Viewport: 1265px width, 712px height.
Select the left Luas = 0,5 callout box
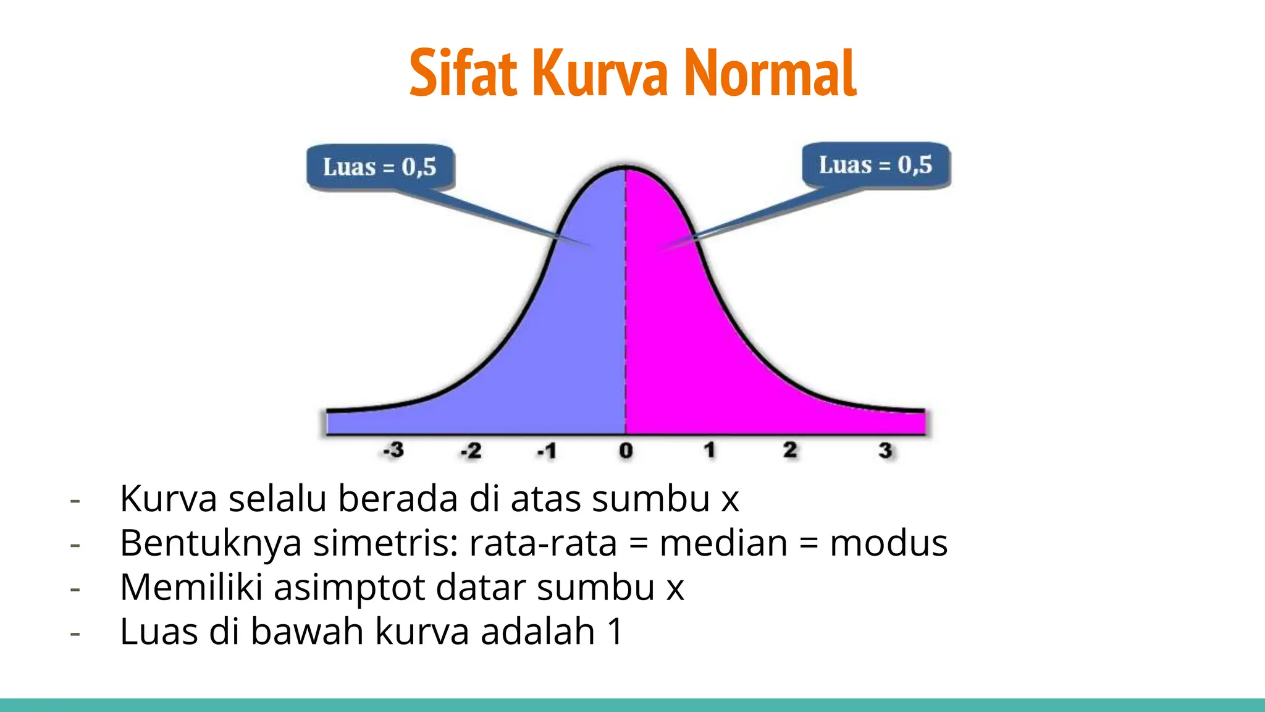click(x=380, y=167)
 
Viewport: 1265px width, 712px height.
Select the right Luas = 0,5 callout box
click(x=875, y=165)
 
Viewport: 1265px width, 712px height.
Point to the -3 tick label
click(x=393, y=450)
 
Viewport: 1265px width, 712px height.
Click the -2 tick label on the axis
click(x=471, y=451)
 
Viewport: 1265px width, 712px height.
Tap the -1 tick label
click(x=547, y=451)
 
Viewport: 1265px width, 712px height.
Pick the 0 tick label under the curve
click(x=626, y=451)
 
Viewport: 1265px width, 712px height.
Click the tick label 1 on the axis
click(x=710, y=450)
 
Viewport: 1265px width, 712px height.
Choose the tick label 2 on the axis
click(x=789, y=450)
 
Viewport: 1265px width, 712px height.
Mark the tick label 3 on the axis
click(x=885, y=451)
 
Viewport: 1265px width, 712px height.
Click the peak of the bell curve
click(x=626, y=167)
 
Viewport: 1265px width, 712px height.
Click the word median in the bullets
click(x=723, y=543)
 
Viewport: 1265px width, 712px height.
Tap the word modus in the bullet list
click(x=888, y=543)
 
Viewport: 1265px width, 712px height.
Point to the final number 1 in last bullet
click(x=615, y=632)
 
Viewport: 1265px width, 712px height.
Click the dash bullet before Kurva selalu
click(x=75, y=499)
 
